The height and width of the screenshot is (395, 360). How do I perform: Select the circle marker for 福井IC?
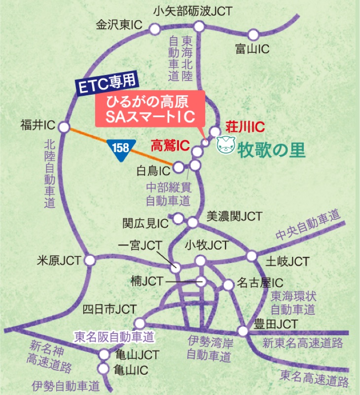pyautogui.click(x=64, y=127)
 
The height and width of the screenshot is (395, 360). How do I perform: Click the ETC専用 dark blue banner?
pyautogui.click(x=108, y=83)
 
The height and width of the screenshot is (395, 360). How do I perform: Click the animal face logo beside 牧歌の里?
pyautogui.click(x=226, y=147)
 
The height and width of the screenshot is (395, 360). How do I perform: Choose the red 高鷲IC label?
pyautogui.click(x=171, y=145)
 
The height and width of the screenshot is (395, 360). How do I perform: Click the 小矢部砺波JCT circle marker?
pyautogui.click(x=199, y=26)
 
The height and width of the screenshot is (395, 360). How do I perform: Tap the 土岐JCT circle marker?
pyautogui.click(x=252, y=256)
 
